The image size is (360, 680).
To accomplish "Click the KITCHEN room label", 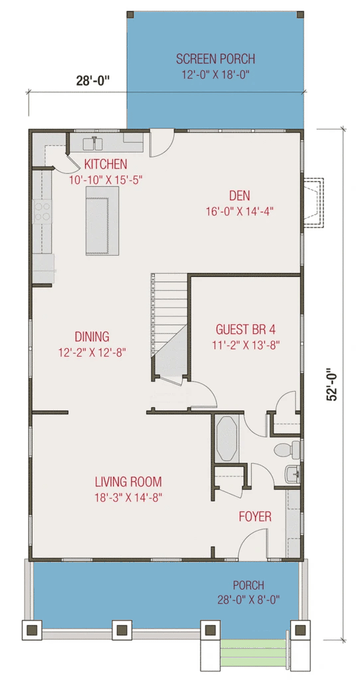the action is pyautogui.click(x=106, y=165).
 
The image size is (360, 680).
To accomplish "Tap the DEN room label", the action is pyautogui.click(x=239, y=196).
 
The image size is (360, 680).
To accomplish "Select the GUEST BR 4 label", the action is pyautogui.click(x=246, y=329).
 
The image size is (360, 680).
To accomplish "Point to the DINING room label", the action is pyautogui.click(x=92, y=337).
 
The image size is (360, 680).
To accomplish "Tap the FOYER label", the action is pyautogui.click(x=255, y=517).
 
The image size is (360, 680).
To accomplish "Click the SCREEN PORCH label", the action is pyautogui.click(x=216, y=58).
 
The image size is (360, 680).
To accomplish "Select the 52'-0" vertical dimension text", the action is pyautogui.click(x=332, y=384).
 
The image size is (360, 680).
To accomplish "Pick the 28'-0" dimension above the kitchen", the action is pyautogui.click(x=93, y=81).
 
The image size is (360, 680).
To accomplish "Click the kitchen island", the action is pyautogui.click(x=102, y=220).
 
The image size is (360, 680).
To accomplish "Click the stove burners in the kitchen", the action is pyautogui.click(x=42, y=212).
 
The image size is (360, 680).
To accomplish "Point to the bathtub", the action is pyautogui.click(x=227, y=439).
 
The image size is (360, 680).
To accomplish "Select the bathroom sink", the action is pyautogui.click(x=293, y=474).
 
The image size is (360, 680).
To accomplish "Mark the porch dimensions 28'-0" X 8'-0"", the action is pyautogui.click(x=248, y=600).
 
